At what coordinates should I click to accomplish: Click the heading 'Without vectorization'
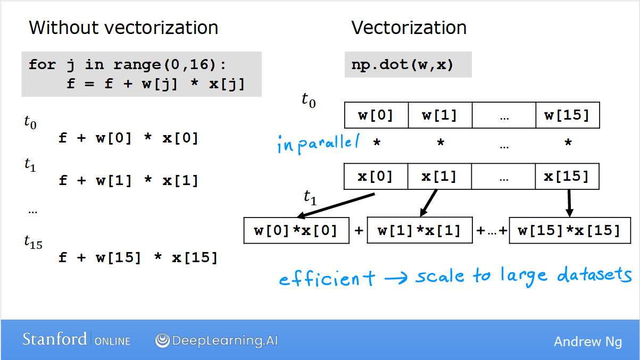pos(123,28)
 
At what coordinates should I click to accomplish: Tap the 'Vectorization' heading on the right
pos(409,28)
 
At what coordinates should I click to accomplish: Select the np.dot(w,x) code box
pos(408,64)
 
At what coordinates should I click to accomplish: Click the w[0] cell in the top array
pos(376,115)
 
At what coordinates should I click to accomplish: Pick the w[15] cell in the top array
pos(568,115)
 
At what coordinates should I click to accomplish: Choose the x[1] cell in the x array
pos(439,177)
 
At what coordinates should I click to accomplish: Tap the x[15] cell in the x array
pos(567,177)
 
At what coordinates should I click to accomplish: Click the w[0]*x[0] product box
pos(296,230)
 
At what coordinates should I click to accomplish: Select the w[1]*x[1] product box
pos(420,230)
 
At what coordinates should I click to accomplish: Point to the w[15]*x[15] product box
pos(570,230)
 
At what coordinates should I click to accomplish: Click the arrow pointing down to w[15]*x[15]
pos(569,203)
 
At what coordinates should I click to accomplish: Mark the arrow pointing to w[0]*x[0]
pos(336,206)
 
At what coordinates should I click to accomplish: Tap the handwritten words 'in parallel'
pos(319,144)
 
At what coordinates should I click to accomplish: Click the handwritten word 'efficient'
pos(327,278)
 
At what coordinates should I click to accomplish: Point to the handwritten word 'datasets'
pos(594,274)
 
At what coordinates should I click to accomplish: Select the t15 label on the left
pos(33,242)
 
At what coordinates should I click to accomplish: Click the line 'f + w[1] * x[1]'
pos(128,180)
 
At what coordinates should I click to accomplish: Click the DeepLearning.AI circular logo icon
pos(162,340)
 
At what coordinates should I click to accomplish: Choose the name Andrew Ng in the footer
pos(588,342)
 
